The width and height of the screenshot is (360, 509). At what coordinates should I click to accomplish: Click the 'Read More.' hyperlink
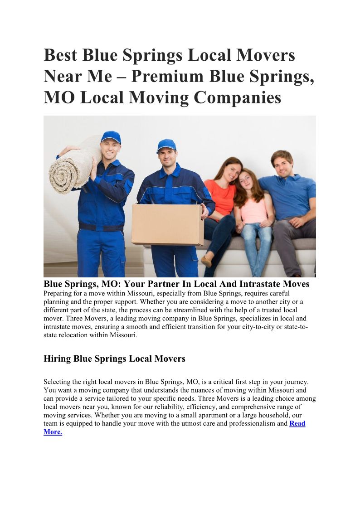click(297, 424)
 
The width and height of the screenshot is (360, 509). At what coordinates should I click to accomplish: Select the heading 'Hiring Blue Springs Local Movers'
click(114, 359)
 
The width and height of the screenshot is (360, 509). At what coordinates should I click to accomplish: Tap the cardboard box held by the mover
click(167, 224)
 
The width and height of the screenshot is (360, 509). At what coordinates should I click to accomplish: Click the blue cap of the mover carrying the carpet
click(111, 136)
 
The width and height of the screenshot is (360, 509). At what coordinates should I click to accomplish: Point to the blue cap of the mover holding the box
click(166, 145)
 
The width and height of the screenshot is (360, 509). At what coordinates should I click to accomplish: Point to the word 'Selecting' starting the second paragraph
click(58, 382)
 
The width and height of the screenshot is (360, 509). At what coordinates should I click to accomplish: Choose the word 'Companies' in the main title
click(238, 97)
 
